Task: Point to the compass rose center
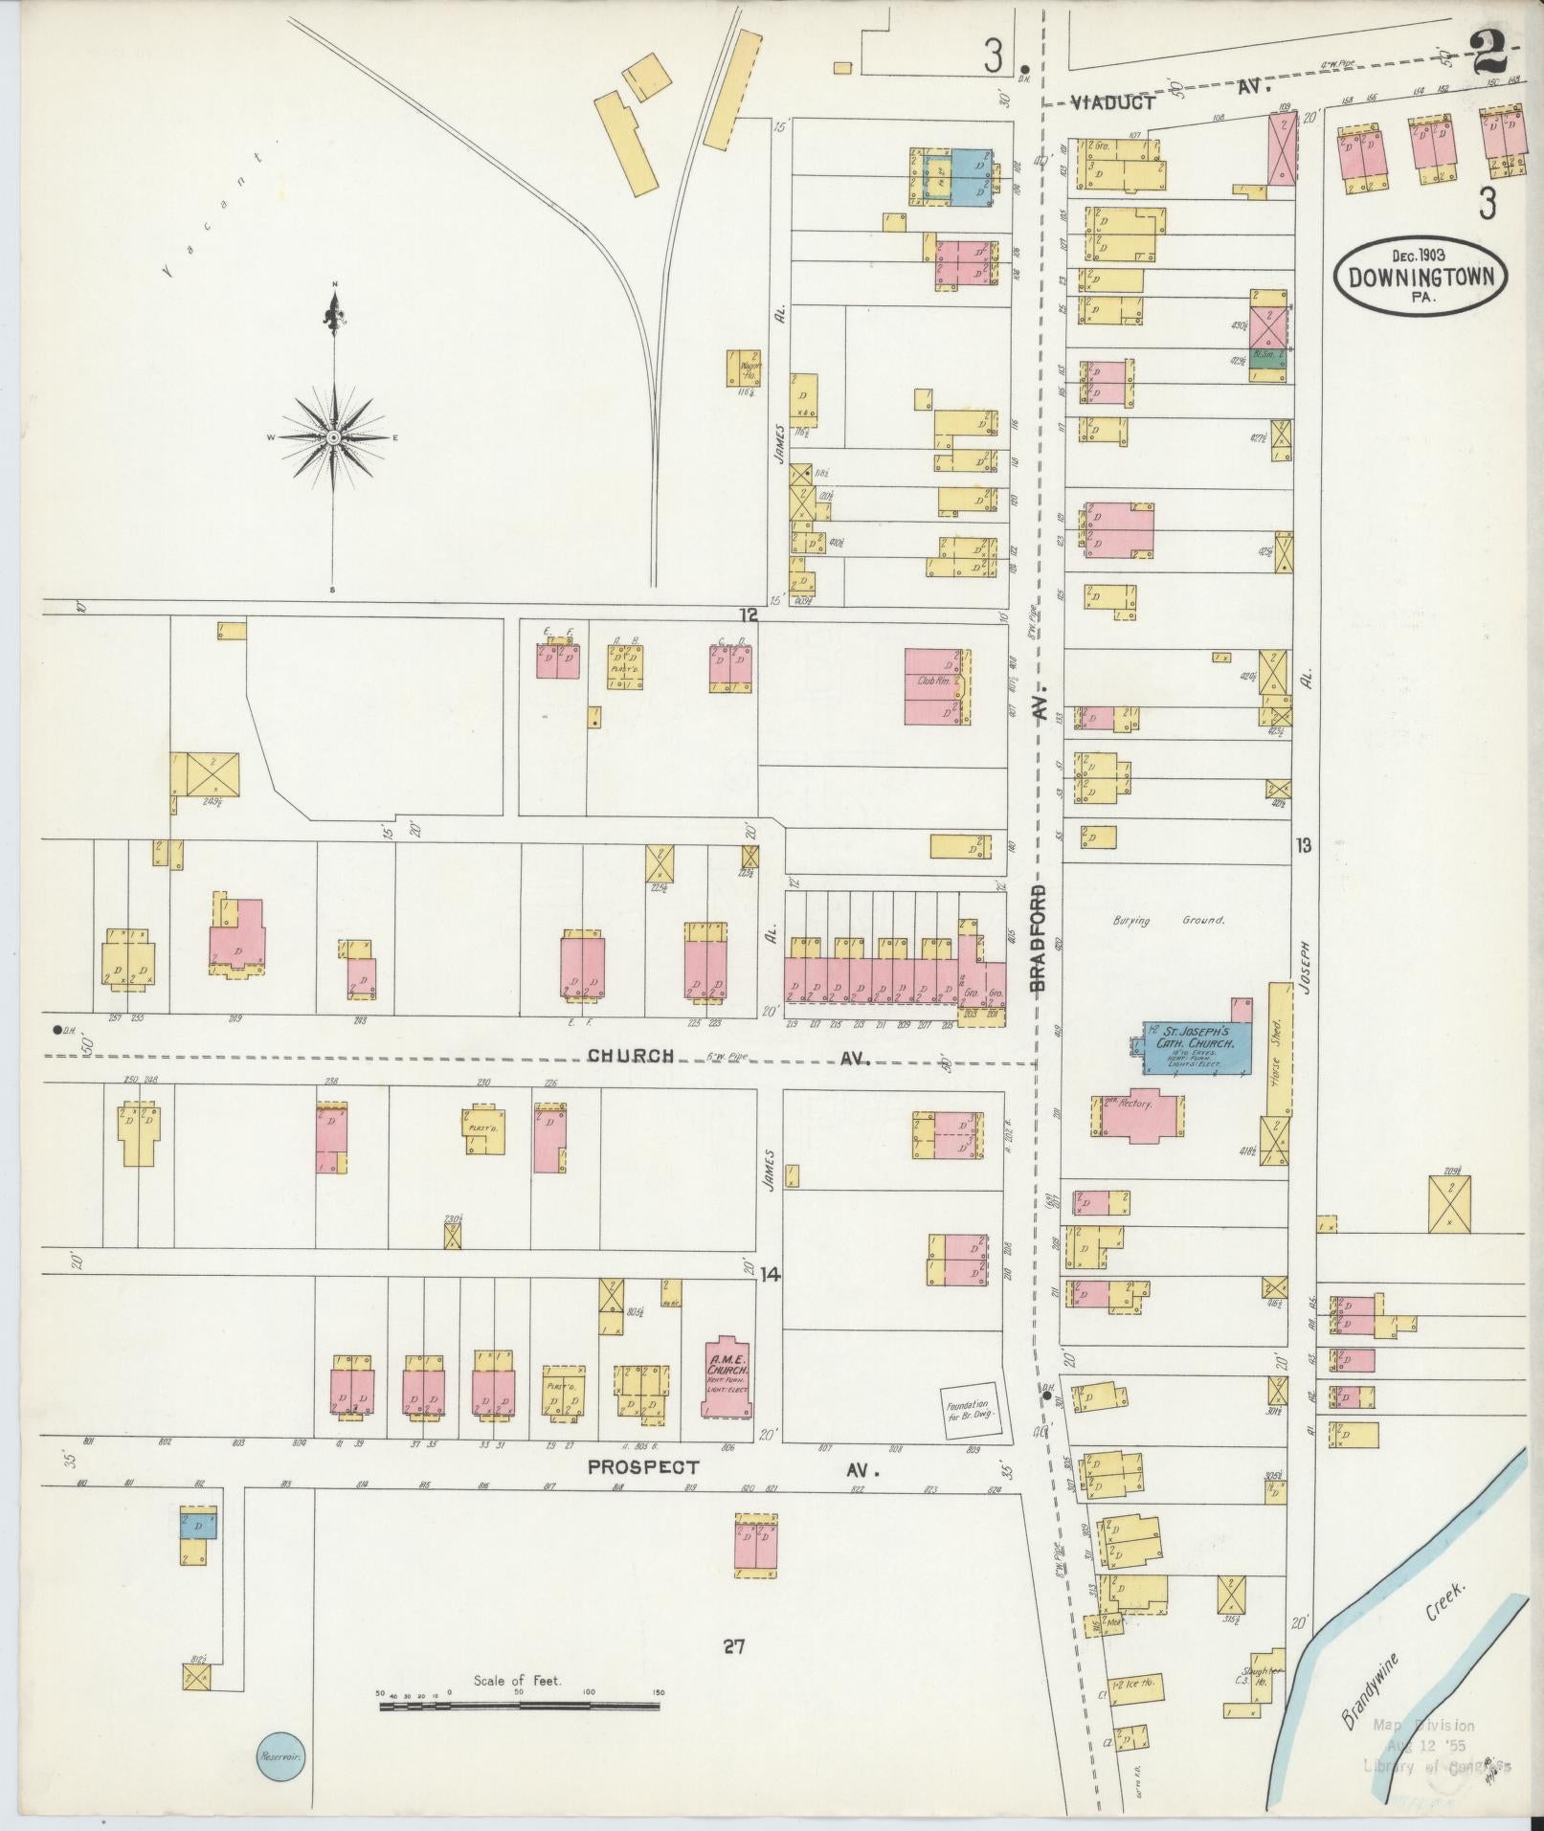click(x=334, y=437)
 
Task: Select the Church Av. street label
click(x=631, y=1057)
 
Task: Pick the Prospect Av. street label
click(x=643, y=1466)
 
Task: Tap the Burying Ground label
click(x=1168, y=920)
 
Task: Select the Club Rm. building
click(x=933, y=685)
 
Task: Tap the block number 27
click(x=734, y=1646)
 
